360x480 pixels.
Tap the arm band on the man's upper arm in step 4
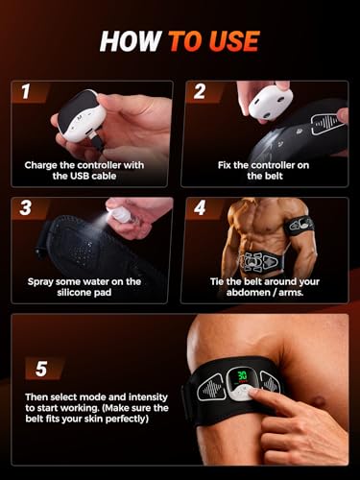tap(300, 226)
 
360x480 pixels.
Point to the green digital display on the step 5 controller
tap(243, 375)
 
